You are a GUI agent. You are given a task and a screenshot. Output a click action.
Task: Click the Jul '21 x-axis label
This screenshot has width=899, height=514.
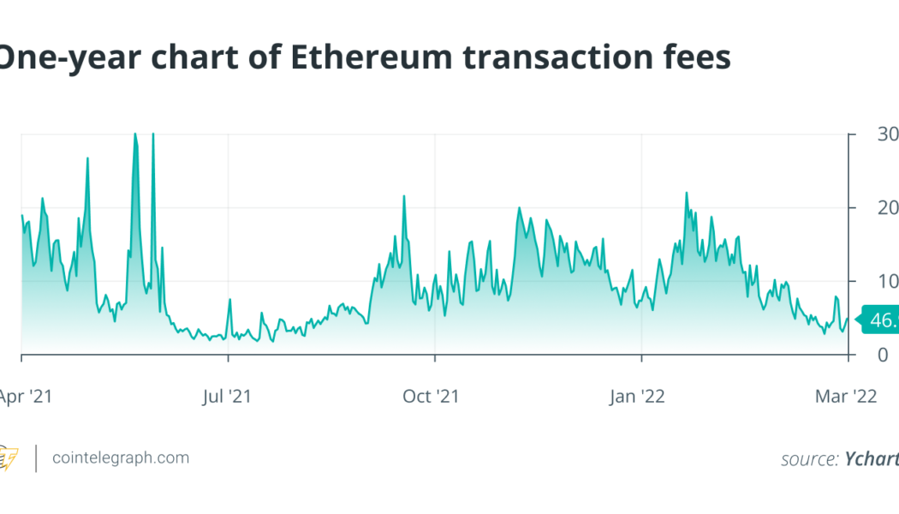coord(228,397)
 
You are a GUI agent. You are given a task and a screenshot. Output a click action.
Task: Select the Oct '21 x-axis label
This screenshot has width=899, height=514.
coord(432,397)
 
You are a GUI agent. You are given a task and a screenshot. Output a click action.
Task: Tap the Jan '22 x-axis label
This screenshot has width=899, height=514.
coord(639,397)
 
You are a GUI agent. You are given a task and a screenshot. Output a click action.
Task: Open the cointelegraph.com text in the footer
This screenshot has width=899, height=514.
coord(120,458)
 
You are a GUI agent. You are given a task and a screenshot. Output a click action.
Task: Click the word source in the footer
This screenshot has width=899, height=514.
coord(808,459)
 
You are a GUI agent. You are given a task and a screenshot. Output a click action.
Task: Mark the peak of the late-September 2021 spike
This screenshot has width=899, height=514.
coord(404,196)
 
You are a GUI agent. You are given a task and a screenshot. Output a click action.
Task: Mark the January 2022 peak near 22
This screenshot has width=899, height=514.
coord(687,193)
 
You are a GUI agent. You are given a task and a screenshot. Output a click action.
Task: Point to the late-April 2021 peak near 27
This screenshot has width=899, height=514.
coord(87,158)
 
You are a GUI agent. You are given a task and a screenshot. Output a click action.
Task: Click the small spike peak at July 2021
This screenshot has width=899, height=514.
coord(229,300)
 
